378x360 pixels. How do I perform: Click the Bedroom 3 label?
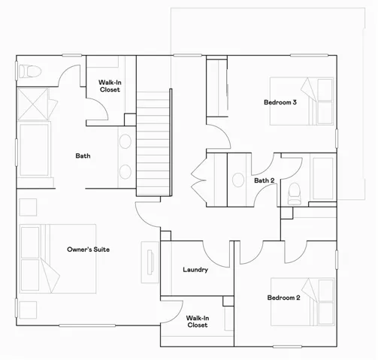tap(280, 102)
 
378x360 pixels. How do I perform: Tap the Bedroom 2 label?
tap(283, 298)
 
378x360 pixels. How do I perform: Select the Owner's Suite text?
tap(89, 250)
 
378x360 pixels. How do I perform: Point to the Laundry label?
tap(195, 270)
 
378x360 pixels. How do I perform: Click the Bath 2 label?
tap(264, 180)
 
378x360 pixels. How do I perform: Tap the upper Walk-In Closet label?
tap(110, 86)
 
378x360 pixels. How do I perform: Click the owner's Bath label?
tap(83, 156)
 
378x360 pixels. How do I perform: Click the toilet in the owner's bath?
tap(31, 71)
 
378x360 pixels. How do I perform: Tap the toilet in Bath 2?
tap(294, 192)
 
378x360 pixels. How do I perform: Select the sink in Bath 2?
tap(238, 180)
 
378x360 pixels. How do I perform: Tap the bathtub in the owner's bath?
tap(32, 150)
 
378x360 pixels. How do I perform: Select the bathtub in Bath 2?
tap(320, 178)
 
